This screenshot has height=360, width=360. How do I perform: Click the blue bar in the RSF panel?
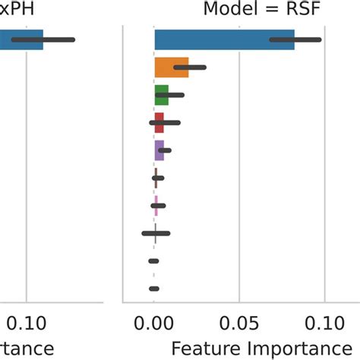pos(220,39)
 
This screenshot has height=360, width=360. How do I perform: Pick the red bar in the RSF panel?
pos(159,122)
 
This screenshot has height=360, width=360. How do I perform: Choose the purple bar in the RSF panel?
pos(159,150)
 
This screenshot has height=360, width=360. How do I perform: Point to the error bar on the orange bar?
pos(190,68)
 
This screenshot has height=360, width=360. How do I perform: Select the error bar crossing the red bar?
pos(165,122)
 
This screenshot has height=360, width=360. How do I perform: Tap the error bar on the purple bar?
pos(164,150)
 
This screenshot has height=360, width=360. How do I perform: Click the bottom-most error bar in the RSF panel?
pos(153,289)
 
